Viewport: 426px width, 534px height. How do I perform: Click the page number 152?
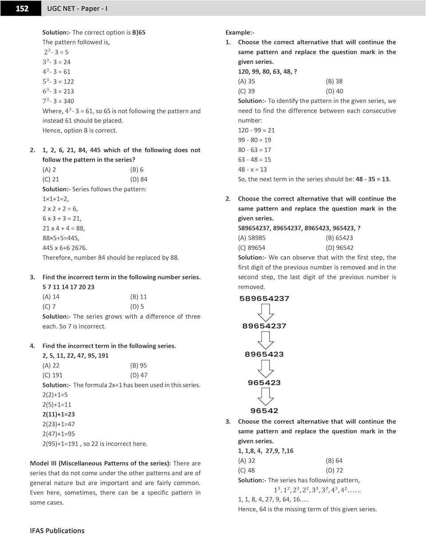(x=22, y=8)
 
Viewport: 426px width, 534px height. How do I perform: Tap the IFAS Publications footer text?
(x=57, y=530)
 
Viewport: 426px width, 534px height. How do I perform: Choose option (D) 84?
(x=138, y=179)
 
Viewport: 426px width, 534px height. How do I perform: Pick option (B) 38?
(x=334, y=81)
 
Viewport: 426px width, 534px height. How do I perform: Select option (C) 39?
(x=246, y=91)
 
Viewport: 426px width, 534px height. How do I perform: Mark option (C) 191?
(x=52, y=375)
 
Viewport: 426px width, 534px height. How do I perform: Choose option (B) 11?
(x=138, y=297)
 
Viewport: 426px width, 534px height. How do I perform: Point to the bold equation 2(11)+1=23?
(x=58, y=414)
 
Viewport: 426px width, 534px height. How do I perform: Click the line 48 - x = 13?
(x=252, y=169)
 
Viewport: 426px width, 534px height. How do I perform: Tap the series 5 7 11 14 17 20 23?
(x=68, y=287)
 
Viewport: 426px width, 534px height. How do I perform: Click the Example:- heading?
(x=240, y=32)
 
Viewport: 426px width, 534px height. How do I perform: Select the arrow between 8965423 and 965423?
(x=265, y=368)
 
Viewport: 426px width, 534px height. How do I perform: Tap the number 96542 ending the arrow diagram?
(x=264, y=411)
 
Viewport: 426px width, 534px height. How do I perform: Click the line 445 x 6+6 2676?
(x=65, y=248)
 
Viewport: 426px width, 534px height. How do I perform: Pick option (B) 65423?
(x=339, y=238)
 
